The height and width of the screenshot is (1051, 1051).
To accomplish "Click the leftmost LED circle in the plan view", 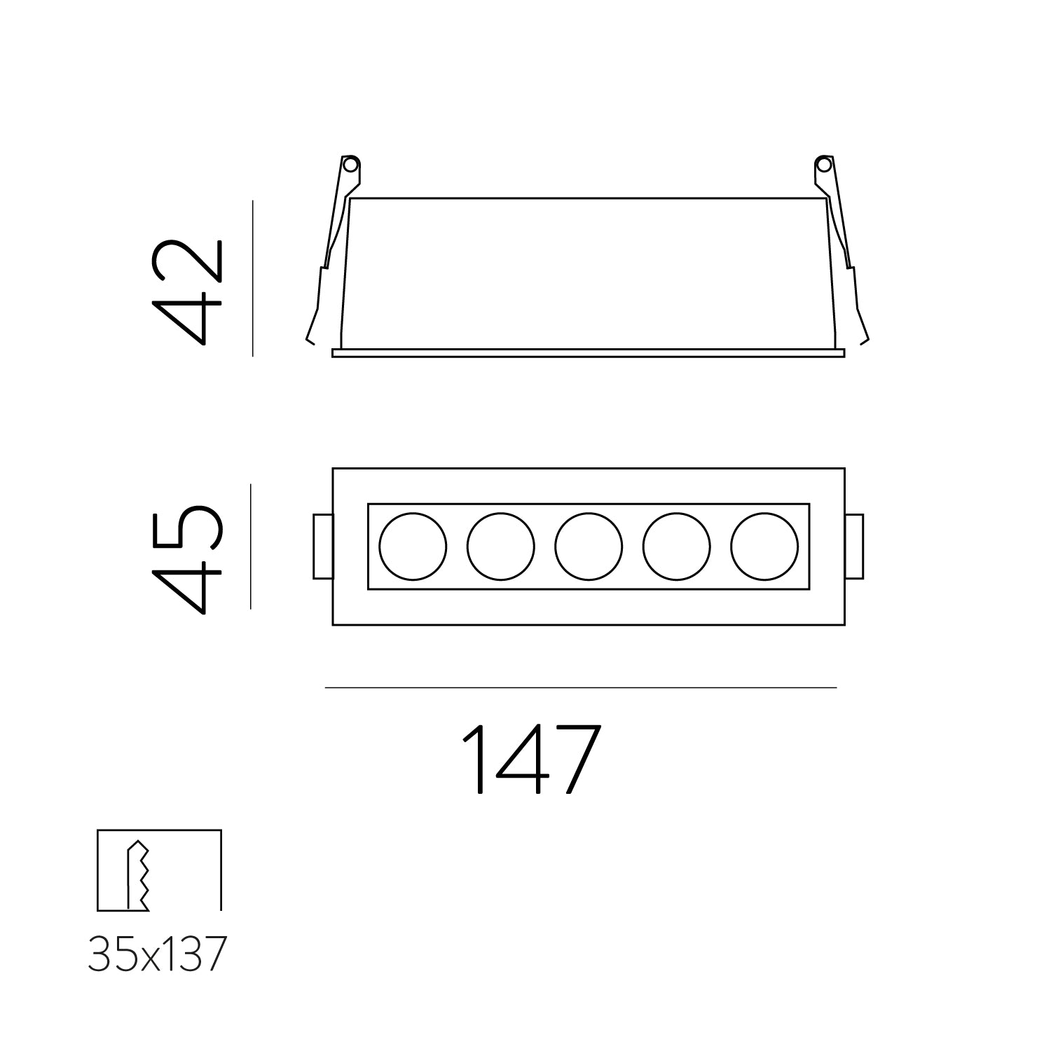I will tap(413, 547).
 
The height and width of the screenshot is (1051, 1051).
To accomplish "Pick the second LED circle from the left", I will tap(500, 547).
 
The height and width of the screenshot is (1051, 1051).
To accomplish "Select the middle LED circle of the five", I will tap(589, 547).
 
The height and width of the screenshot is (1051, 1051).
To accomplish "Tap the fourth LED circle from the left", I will tap(676, 547).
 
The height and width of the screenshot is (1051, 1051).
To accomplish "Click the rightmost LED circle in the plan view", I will tap(764, 547).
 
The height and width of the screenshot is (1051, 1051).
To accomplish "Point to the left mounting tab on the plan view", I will tap(323, 547).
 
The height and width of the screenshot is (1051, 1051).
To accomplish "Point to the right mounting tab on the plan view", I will tap(854, 547).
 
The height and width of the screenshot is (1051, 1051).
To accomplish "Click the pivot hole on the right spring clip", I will tap(825, 166).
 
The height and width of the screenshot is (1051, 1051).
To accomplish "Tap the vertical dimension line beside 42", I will tap(252, 278).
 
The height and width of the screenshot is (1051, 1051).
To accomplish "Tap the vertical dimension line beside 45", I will tap(250, 547).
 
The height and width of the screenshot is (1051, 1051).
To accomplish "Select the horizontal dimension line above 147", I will tap(580, 688).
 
